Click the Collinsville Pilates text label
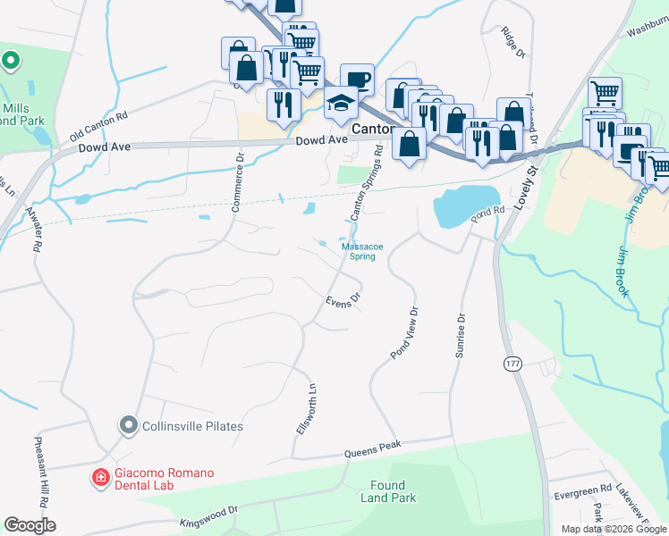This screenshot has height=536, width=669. click(192, 426)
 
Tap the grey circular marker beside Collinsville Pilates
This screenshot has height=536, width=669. click(129, 426)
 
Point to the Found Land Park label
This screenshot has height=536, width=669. click(394, 491)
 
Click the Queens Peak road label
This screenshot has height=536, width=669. click(373, 449)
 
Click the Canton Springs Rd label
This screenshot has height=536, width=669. click(367, 185)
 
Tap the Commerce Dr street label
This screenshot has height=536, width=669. click(237, 182)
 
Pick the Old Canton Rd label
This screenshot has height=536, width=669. click(98, 127)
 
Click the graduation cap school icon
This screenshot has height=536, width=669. click(341, 105)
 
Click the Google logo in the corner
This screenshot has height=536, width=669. click(30, 525)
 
